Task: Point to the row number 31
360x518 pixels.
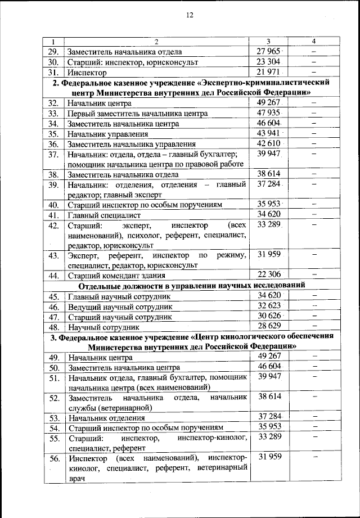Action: [53, 73]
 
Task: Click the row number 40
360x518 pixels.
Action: [53, 205]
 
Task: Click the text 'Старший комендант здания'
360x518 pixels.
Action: [116, 276]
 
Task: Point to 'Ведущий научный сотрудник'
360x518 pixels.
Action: [119, 307]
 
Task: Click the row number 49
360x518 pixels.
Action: [53, 358]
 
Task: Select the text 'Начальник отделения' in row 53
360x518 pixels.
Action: [106, 418]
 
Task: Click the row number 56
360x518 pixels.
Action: [53, 458]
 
